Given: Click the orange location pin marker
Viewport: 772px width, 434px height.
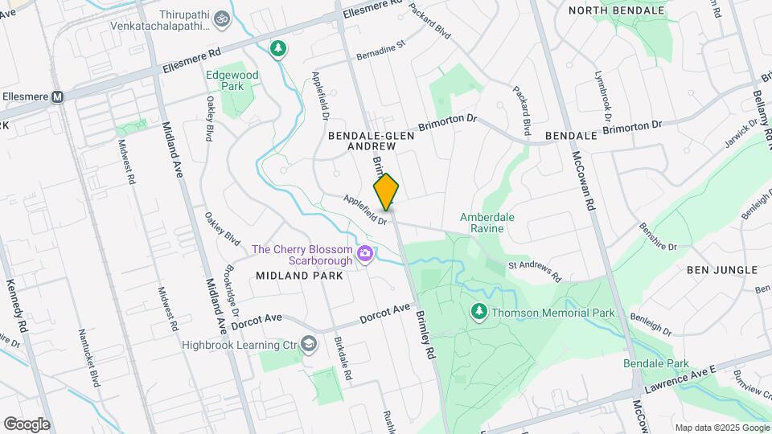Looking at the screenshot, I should point(386,192).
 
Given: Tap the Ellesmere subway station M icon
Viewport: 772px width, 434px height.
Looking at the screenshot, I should point(57,96).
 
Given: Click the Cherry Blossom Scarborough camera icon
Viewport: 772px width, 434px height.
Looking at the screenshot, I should point(366,254).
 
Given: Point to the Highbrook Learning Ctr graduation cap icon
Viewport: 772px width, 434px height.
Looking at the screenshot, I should point(308,344).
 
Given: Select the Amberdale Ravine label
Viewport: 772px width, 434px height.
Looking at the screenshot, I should point(493,223).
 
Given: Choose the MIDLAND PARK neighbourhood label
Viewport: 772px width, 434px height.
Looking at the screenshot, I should point(299,276).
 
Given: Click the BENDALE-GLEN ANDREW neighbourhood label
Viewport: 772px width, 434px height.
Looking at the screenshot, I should point(371,141).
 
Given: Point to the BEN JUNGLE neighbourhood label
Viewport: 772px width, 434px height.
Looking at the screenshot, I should point(722,270).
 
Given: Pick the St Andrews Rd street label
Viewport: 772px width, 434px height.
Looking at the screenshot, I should point(534,270).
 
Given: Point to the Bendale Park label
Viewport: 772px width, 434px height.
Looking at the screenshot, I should point(656,363).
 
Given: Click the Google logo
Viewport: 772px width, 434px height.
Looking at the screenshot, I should point(27,424).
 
